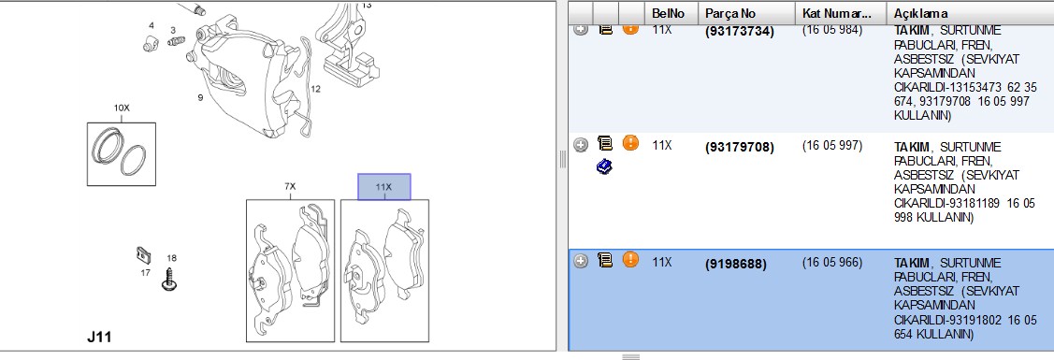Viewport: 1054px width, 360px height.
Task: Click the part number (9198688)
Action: tap(735, 264)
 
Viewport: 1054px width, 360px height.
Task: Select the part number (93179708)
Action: tap(740, 147)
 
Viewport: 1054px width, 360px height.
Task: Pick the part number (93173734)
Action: tap(740, 31)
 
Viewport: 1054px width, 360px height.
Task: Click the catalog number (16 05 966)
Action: tap(832, 262)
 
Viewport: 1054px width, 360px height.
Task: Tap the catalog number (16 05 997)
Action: tap(832, 145)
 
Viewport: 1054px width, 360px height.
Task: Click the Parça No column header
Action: tap(730, 13)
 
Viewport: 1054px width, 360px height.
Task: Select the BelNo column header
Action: tap(667, 13)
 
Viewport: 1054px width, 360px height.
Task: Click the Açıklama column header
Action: tap(921, 13)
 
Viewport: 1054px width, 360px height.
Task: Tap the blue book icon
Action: tap(603, 166)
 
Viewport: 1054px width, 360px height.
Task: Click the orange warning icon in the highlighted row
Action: tap(630, 259)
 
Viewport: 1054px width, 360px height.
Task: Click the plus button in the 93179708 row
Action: tap(581, 144)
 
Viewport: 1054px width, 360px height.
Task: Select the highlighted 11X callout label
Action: tap(383, 187)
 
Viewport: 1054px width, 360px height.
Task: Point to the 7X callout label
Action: tap(290, 186)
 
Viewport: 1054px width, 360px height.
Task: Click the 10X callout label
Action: tap(121, 108)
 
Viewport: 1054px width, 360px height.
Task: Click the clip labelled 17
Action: tap(142, 254)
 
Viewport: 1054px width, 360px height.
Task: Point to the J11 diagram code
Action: tap(99, 337)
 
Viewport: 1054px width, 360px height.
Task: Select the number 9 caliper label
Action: tap(200, 98)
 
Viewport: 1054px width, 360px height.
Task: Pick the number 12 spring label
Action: tap(316, 88)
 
